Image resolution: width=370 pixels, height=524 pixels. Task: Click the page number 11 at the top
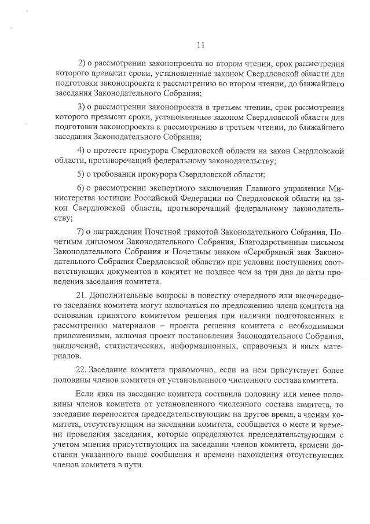[x=201, y=45]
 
